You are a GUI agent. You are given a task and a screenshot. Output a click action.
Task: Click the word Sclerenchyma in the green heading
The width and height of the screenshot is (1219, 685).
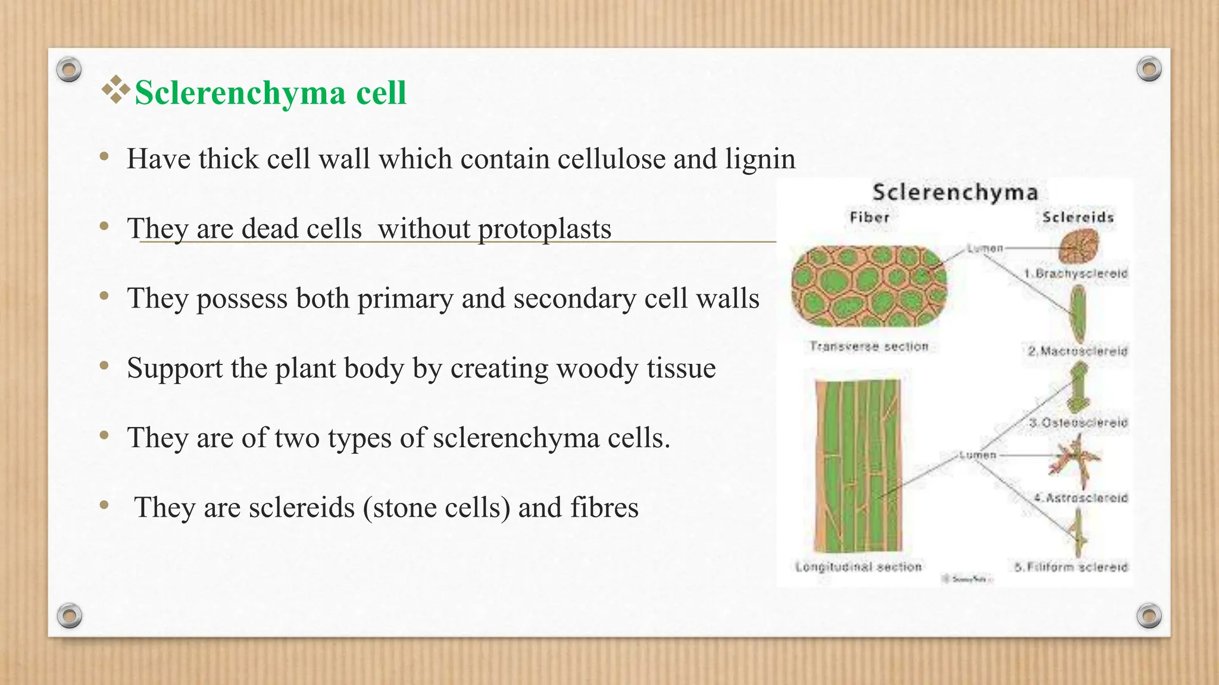pos(240,93)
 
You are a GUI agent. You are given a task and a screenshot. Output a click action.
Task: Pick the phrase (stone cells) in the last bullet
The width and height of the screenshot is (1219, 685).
pos(437,508)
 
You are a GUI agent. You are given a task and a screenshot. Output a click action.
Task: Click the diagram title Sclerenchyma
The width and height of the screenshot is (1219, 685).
pos(955,193)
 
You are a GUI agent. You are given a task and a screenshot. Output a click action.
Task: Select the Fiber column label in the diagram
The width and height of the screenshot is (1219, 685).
pos(869,218)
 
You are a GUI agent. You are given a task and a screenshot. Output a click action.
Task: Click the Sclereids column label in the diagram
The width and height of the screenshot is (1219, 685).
pos(1077,218)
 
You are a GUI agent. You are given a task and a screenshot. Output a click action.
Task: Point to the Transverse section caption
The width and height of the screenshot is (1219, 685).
pos(868,347)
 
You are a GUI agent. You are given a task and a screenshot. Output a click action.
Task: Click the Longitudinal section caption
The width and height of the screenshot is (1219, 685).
pos(858,567)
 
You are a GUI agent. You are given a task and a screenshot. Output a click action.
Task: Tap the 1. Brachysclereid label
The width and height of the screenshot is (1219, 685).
pos(1076,274)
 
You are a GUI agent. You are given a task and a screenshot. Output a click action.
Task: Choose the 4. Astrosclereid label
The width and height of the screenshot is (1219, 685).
pos(1080,498)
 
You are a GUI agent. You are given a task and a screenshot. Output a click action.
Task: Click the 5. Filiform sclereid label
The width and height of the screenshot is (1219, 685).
pos(1071,567)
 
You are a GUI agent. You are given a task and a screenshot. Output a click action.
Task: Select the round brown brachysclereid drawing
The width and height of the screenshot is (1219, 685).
pos(1079,247)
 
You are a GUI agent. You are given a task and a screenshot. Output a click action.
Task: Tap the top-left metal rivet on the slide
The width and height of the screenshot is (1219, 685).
pos(69,70)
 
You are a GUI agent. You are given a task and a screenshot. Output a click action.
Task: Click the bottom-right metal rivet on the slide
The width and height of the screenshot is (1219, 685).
pos(1149,615)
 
